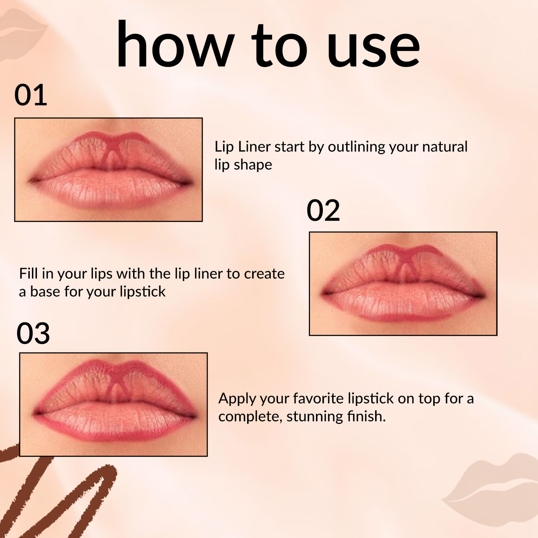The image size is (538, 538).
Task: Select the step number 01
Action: pos(31,95)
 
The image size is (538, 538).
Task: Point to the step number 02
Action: pos(323,211)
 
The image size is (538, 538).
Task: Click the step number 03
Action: pos(33,334)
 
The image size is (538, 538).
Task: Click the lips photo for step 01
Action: pos(108,170)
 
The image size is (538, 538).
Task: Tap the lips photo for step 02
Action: pos(403,284)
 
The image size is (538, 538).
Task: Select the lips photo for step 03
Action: pos(113,404)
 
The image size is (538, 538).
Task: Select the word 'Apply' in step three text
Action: pos(237,399)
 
